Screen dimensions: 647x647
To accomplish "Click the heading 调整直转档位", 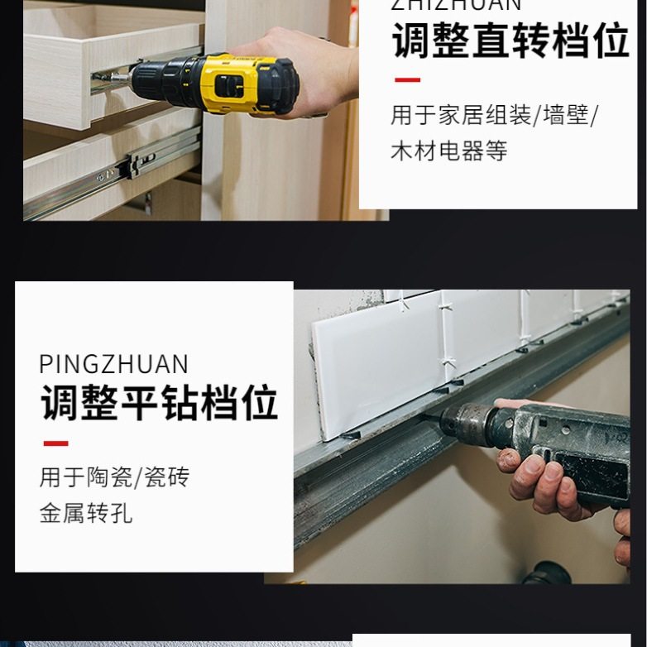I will coord(510,41).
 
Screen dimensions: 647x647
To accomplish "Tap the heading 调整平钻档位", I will coord(159,402).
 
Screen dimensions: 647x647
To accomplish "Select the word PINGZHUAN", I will coord(113,364).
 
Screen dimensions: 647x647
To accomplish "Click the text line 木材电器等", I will coord(448,151).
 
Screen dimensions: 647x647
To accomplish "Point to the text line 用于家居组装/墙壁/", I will coord(493,115).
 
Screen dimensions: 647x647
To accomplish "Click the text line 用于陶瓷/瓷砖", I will coord(114,477).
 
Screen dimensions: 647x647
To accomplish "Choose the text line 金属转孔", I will coord(85,514).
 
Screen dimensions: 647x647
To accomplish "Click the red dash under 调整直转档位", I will coord(407,80).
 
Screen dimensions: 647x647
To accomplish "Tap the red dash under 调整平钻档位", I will coord(55,443).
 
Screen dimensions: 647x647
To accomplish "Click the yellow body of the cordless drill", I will coord(240,83).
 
